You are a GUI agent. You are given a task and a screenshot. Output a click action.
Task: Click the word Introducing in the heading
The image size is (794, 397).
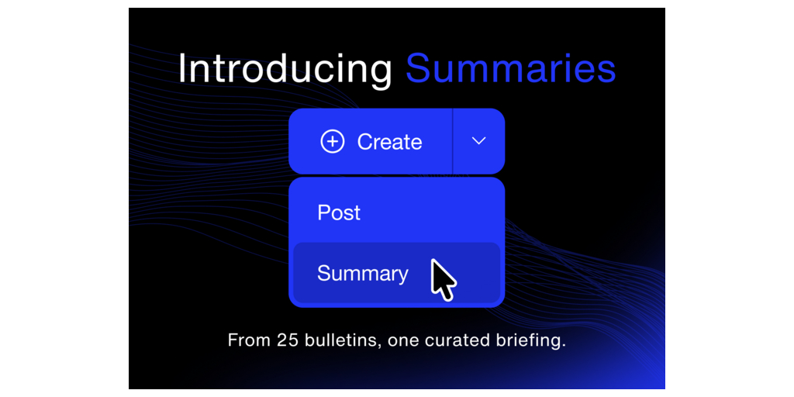[285, 69]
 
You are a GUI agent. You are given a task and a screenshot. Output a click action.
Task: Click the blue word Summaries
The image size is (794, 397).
[510, 68]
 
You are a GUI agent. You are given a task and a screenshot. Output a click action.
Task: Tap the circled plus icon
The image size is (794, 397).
[332, 141]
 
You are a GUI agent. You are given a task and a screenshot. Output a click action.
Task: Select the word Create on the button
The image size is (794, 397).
[389, 142]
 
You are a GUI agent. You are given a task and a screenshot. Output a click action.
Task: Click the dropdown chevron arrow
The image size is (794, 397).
[478, 141]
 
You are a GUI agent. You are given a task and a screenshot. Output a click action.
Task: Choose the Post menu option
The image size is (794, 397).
[339, 212]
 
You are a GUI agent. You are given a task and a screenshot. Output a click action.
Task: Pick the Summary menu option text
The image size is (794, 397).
[363, 274]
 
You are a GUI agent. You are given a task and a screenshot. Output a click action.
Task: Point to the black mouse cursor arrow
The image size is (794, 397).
[443, 279]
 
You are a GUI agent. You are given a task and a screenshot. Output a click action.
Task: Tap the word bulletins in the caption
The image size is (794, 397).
[342, 340]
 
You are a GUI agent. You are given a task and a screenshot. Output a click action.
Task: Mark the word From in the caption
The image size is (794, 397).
[250, 340]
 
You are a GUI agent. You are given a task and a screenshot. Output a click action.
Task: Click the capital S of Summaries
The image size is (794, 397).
[418, 68]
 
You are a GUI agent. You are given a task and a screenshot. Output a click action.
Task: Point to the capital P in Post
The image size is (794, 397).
[323, 212]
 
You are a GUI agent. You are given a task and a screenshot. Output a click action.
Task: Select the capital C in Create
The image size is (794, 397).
[366, 142]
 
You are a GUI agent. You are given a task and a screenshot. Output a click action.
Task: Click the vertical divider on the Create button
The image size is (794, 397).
[452, 141]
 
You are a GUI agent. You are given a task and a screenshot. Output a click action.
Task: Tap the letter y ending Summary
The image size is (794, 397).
[402, 277]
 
